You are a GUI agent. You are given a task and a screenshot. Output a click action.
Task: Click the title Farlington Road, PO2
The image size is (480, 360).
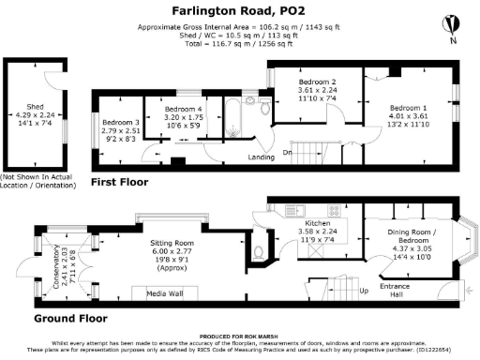(241, 11)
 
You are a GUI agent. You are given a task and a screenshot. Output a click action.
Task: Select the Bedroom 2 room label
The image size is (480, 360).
(316, 82)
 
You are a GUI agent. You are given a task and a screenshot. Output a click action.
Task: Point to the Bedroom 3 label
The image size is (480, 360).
(121, 123)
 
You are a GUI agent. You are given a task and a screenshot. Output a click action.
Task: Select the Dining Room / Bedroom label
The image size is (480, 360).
(406, 235)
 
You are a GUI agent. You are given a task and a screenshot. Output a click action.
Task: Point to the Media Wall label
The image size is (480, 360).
(163, 294)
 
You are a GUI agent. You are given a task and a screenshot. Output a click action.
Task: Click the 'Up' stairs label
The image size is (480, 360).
(364, 292)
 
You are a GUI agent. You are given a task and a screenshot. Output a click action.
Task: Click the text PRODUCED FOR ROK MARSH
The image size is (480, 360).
(240, 336)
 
